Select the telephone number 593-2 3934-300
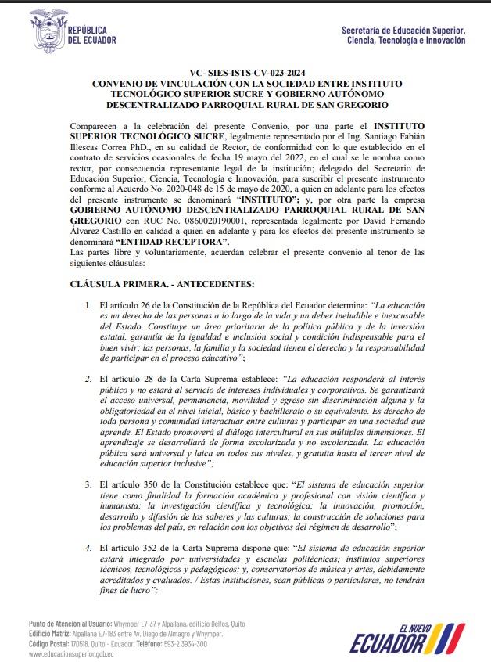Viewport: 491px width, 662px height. pos(183,644)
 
